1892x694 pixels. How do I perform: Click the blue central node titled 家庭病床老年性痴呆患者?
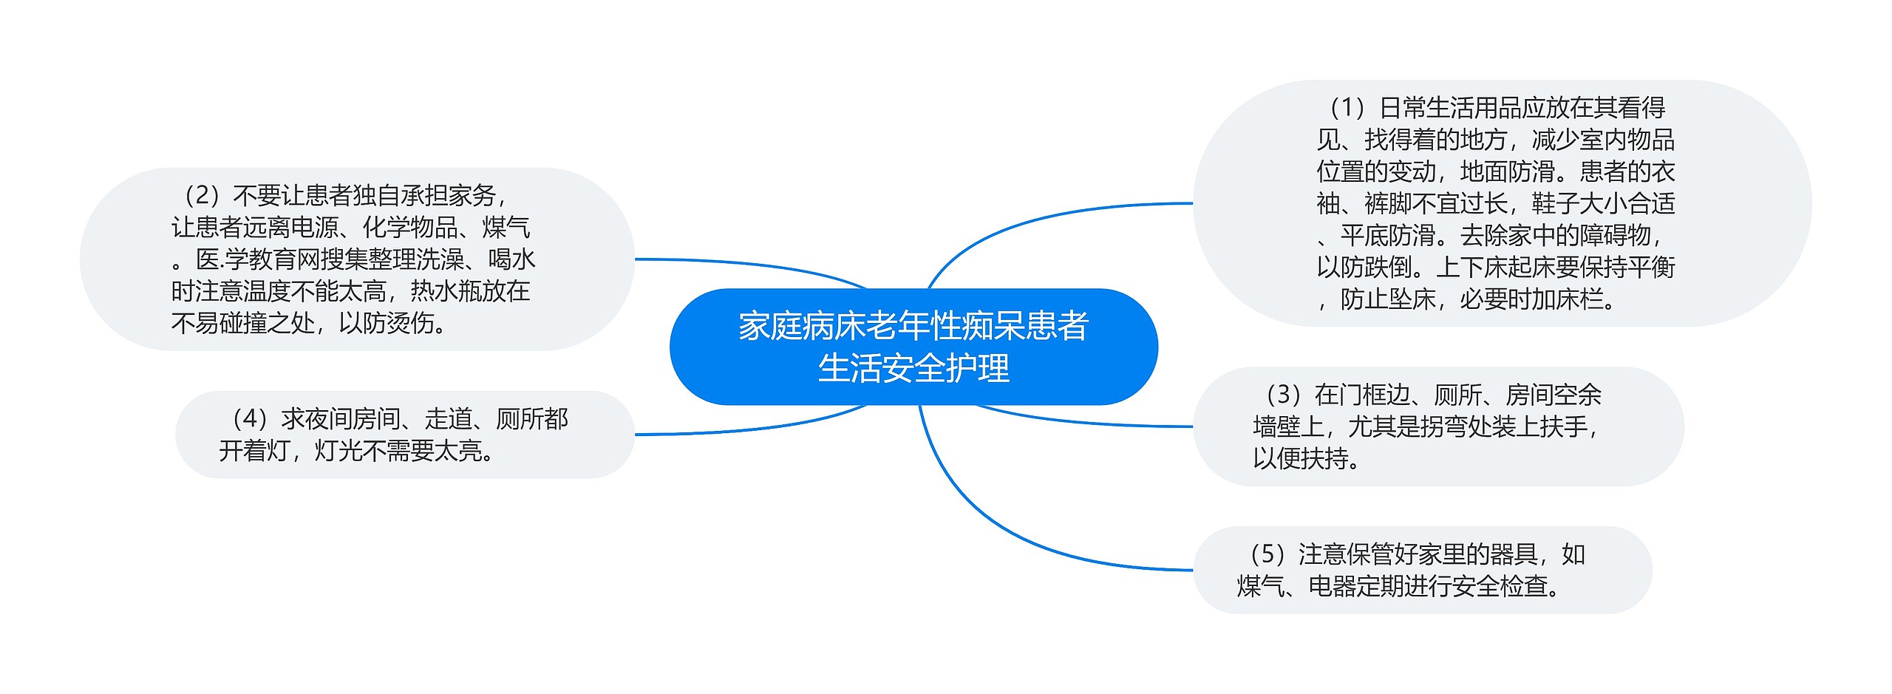tap(913, 326)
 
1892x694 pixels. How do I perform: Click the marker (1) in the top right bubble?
tap(1347, 109)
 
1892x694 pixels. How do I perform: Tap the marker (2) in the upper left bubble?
tap(200, 196)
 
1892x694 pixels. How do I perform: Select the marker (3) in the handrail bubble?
tap(1283, 395)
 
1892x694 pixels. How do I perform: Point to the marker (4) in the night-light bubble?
tap(249, 419)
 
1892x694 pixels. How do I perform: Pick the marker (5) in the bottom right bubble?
tap(1267, 554)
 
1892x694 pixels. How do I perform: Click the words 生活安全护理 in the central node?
tap(913, 369)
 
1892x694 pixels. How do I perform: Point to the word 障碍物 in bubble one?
tap(1615, 236)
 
